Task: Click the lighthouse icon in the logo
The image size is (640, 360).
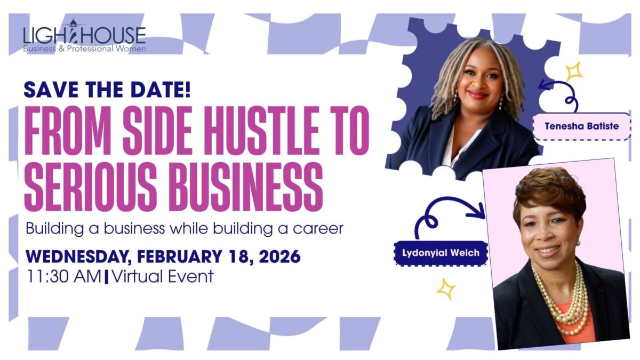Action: point(73,33)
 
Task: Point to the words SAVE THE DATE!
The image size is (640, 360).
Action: point(107,90)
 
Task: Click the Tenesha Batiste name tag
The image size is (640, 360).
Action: point(582,126)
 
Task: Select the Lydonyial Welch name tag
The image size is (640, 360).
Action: point(441,253)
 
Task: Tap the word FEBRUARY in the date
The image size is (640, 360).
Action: point(179,257)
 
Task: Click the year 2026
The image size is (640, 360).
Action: point(279,257)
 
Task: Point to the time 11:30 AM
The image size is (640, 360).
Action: point(64,276)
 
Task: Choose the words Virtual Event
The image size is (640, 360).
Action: point(162,276)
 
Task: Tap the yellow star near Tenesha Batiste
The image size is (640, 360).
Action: point(574,71)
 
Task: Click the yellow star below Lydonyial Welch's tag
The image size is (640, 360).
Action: point(446,290)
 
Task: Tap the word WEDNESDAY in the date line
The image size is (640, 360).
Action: point(76,257)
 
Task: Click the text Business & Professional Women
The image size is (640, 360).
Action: point(85,49)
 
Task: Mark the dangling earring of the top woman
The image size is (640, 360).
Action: point(500,101)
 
